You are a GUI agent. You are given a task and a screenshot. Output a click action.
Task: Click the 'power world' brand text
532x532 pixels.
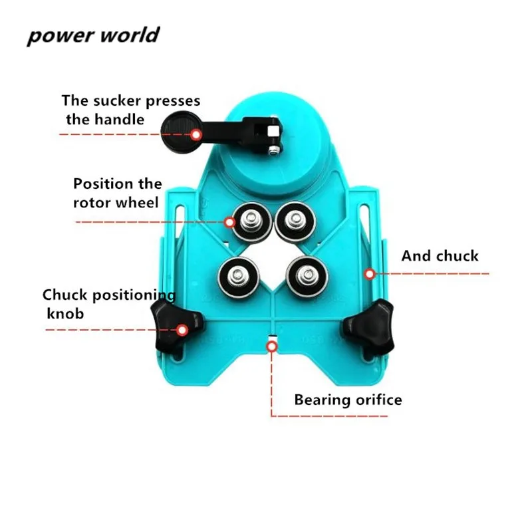93,34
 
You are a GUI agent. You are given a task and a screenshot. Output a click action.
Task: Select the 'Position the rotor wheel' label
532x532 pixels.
117,192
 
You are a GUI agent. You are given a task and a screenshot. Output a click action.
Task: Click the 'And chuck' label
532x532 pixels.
440,256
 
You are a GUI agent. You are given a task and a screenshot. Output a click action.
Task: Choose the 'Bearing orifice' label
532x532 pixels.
348,400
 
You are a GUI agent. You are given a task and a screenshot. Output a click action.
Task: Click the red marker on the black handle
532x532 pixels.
196,134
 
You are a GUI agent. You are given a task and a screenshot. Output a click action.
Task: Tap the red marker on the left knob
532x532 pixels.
181,328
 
